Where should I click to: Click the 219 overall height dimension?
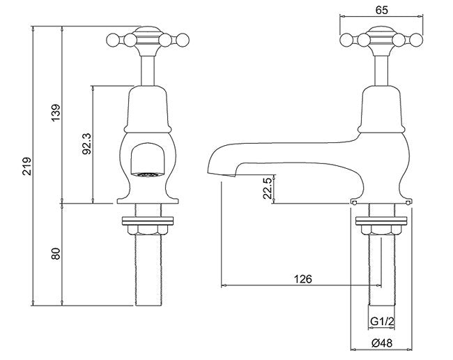coord(27,166)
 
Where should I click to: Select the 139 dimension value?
coord(56,113)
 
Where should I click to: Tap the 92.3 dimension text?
coord(87,144)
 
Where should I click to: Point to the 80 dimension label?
coord(56,253)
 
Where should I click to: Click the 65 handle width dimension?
coord(382,10)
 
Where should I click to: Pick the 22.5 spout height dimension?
coord(268,188)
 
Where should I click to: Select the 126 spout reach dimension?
coord(303,279)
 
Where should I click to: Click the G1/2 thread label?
coord(382,322)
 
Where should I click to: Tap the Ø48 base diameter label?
coord(382,343)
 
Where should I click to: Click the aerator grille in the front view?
coord(147,174)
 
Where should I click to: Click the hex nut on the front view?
coord(148,230)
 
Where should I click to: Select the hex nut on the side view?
coord(381,230)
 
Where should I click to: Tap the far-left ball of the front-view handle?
coord(113,40)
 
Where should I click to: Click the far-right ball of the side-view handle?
coord(416,40)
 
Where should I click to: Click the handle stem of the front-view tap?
coord(148,70)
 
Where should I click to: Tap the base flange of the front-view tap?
coord(148,201)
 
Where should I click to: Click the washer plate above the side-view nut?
coord(381,220)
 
